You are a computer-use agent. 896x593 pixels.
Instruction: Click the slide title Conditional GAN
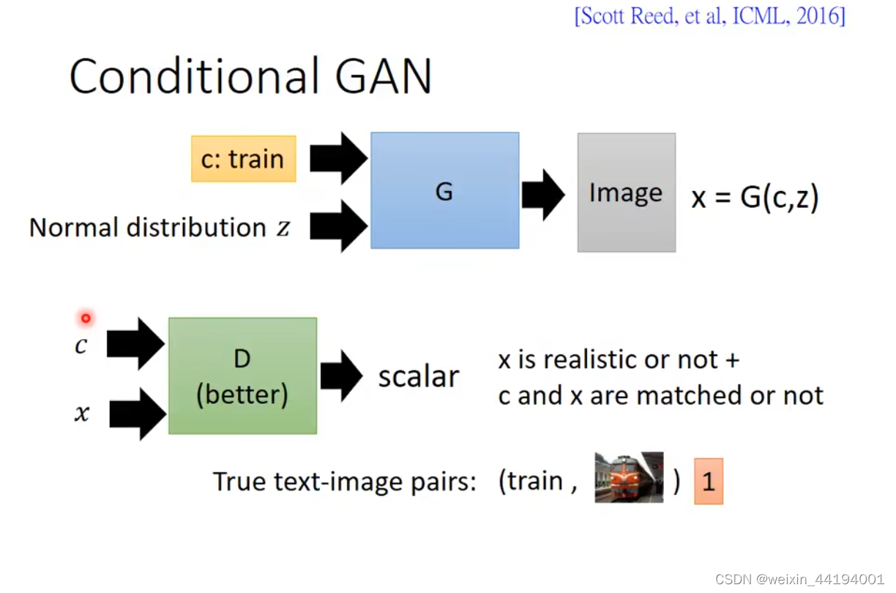point(250,76)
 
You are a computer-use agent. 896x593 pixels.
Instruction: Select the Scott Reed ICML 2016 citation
point(709,16)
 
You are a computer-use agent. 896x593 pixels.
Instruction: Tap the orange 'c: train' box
point(243,159)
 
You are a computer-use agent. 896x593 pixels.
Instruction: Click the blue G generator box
point(444,191)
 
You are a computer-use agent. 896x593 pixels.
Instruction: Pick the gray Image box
point(626,193)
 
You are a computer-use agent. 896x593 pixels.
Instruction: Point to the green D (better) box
point(242,376)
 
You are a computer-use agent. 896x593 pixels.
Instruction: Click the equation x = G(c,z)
point(755,198)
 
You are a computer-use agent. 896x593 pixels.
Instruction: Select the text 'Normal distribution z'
point(160,228)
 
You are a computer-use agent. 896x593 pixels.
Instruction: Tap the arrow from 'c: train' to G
point(337,157)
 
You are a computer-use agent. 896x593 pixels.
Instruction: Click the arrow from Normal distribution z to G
point(337,225)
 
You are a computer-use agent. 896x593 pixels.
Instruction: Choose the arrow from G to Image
point(543,195)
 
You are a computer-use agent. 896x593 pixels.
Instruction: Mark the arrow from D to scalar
point(341,376)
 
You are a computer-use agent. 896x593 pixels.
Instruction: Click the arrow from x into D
point(136,414)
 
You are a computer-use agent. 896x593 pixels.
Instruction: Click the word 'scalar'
point(418,376)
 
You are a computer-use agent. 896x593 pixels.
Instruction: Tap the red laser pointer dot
point(86,318)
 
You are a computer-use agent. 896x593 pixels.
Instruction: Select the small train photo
point(629,477)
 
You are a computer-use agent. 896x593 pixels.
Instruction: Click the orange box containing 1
point(708,482)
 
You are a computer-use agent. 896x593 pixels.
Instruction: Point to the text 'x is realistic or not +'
point(619,359)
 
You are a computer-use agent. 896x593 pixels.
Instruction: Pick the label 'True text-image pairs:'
point(344,482)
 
